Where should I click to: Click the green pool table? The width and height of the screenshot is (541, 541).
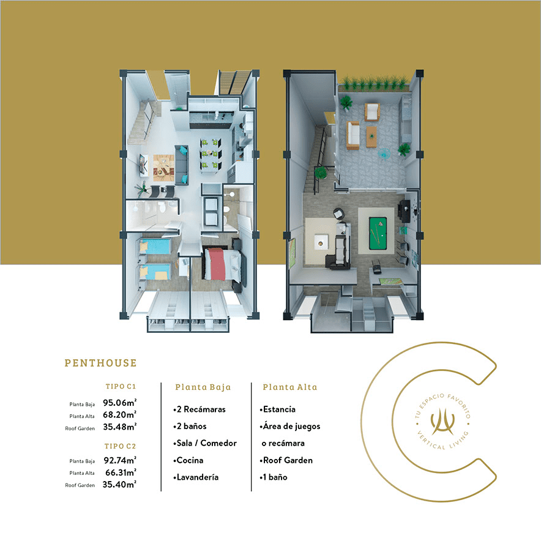pos(378,233)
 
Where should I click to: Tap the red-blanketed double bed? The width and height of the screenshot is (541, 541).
pos(223,264)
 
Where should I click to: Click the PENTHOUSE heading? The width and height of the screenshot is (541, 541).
pos(101,363)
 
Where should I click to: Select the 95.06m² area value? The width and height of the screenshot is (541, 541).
pos(120,403)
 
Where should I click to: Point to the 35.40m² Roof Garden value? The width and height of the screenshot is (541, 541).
pos(119,485)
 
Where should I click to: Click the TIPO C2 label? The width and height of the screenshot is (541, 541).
pos(120,446)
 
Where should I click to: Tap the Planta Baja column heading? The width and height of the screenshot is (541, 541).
pos(203,387)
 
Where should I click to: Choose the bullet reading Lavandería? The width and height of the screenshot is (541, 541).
pos(196,477)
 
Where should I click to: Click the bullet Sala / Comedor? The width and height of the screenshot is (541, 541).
pos(205,443)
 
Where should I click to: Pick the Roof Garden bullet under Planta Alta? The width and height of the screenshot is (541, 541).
pos(286,460)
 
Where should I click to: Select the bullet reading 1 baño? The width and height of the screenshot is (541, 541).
pos(274,477)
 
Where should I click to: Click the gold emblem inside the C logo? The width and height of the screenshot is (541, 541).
pos(442,421)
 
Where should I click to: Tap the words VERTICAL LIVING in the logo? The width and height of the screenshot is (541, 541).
pos(444,442)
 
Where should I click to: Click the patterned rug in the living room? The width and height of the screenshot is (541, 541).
pos(163,168)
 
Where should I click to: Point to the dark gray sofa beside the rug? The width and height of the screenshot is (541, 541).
pos(182,165)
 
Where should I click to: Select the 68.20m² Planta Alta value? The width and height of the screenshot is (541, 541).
pos(120,415)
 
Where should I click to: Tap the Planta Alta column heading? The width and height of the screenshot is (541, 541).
pos(290,387)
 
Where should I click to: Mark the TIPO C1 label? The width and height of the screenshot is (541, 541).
pos(121,386)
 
